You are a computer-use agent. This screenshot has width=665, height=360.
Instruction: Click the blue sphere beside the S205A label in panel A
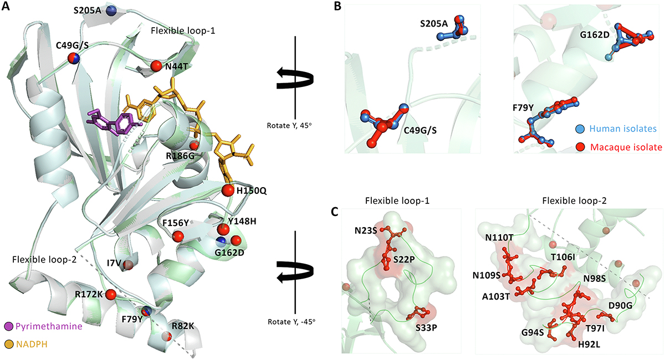[111, 11]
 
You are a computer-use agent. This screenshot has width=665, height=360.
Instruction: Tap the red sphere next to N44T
[156, 66]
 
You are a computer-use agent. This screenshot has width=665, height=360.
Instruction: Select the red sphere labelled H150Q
[228, 190]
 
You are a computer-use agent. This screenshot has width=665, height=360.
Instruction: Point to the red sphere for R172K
[110, 295]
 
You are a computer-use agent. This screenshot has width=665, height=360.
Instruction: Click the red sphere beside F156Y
[178, 236]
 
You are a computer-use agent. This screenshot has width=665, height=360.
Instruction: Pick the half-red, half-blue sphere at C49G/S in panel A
[74, 58]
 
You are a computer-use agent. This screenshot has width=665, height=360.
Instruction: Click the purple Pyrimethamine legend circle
[9, 326]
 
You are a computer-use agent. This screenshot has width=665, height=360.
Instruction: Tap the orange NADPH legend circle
[9, 344]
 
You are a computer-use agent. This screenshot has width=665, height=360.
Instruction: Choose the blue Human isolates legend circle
[580, 129]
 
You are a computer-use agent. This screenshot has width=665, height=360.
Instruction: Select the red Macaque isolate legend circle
[580, 147]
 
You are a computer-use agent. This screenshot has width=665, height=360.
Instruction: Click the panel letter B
[337, 7]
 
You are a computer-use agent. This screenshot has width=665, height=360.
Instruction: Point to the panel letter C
[335, 212]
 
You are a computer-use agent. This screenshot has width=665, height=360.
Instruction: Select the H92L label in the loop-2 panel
[589, 344]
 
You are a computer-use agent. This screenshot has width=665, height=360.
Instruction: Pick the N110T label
[500, 238]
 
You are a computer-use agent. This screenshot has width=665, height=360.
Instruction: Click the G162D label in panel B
[595, 35]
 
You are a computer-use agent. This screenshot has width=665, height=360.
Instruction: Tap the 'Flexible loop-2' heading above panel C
[574, 201]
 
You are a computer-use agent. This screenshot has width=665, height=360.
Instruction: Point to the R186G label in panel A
[180, 156]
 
